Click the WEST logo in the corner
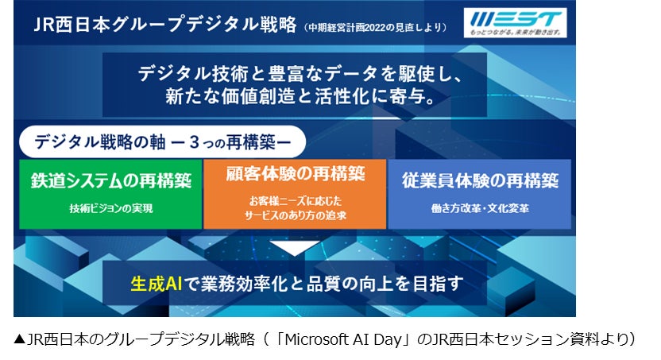(x=515, y=23)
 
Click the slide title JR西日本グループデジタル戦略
(x=165, y=25)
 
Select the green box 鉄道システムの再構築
(x=110, y=194)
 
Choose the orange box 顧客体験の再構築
(x=295, y=194)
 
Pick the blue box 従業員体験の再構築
(x=480, y=194)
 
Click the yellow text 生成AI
(x=157, y=284)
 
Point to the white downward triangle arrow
(x=294, y=247)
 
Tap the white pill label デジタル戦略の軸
(x=162, y=141)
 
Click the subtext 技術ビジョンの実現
(x=111, y=209)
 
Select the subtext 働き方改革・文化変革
(x=480, y=209)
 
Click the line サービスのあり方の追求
(x=295, y=216)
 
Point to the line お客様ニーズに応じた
(x=295, y=201)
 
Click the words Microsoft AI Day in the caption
(x=343, y=339)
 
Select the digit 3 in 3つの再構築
(x=195, y=142)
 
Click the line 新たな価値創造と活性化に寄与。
(x=300, y=96)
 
